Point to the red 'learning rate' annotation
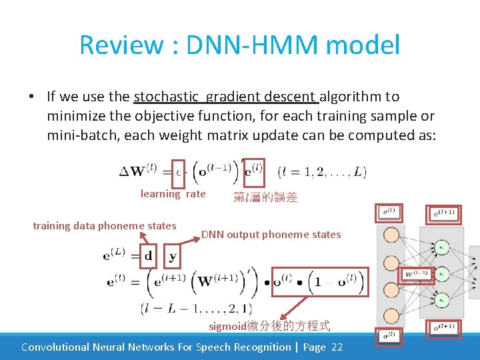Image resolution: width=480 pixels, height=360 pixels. point(173,194)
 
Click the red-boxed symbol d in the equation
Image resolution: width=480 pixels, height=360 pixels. point(148,255)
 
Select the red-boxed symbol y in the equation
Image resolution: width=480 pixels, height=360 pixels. point(173,255)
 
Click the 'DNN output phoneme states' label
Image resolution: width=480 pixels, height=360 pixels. point(271,234)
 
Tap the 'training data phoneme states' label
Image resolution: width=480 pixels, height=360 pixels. point(105,225)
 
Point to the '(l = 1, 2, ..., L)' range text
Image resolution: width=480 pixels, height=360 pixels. point(321,171)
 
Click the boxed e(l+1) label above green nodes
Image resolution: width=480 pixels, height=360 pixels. point(444,213)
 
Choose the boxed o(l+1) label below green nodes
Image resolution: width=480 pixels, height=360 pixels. point(444,326)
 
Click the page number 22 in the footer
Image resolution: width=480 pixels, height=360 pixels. point(336,347)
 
